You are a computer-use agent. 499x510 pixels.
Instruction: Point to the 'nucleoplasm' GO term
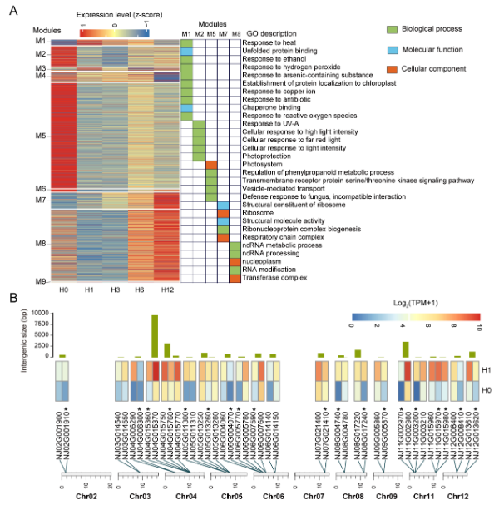(x=262, y=261)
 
